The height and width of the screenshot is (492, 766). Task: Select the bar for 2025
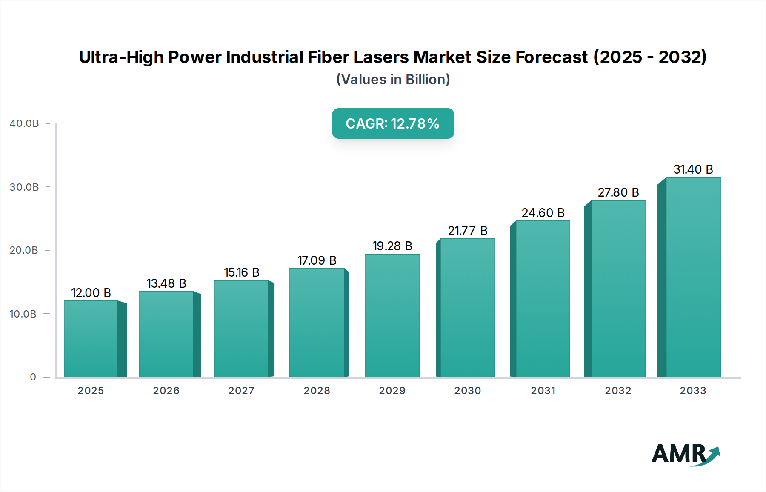pos(91,339)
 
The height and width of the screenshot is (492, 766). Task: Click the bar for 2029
pos(392,315)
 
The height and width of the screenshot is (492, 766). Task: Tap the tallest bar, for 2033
pos(693,277)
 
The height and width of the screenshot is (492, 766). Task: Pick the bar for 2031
pos(543,299)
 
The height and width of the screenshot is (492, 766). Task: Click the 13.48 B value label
pos(166,283)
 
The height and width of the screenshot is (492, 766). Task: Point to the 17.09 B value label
pos(317,260)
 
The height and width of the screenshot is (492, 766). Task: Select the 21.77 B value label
pos(467,231)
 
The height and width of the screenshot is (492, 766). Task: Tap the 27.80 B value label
pos(618,192)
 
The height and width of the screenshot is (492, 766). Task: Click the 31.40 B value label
pos(693,169)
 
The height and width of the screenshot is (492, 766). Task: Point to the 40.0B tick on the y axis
pos(24,123)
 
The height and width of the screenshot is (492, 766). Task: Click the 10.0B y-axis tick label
pos(23,314)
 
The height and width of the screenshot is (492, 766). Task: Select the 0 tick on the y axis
pos(33,377)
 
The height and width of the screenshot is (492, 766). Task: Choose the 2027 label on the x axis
pos(241,391)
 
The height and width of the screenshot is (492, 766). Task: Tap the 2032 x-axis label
pos(618,391)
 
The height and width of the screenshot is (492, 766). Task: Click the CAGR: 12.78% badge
pos(393,123)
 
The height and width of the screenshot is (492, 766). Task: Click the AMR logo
pos(685,454)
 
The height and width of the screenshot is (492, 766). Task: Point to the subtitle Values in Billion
pos(393,80)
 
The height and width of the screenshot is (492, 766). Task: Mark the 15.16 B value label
pos(241,272)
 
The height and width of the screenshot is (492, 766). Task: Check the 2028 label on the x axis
pos(317,391)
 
